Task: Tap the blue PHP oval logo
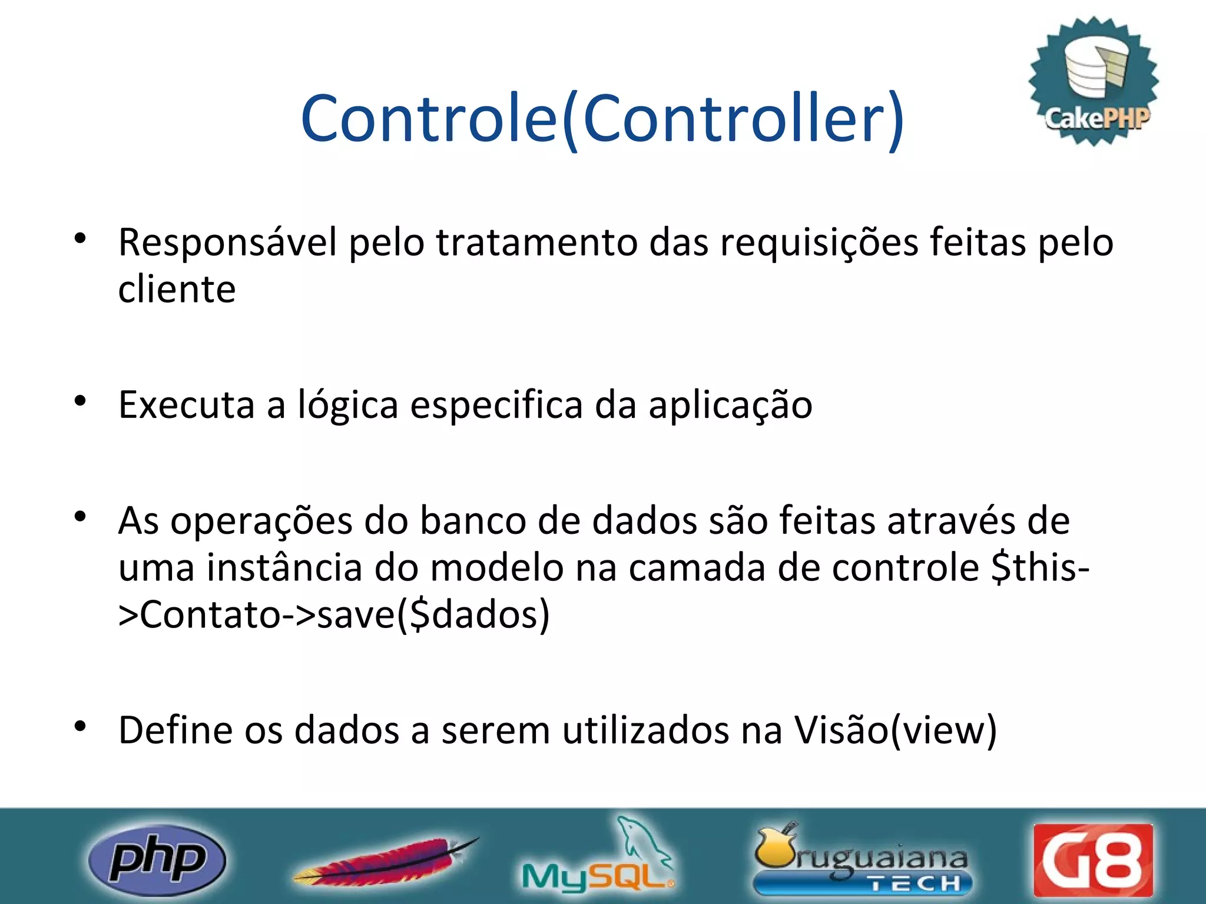[157, 860]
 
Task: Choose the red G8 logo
[1093, 860]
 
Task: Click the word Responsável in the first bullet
[227, 242]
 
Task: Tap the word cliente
[177, 290]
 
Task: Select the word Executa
[187, 405]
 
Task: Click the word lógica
[347, 406]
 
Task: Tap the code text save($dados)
[433, 615]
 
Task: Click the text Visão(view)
[895, 731]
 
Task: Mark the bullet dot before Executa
[81, 401]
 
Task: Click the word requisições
[819, 244]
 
